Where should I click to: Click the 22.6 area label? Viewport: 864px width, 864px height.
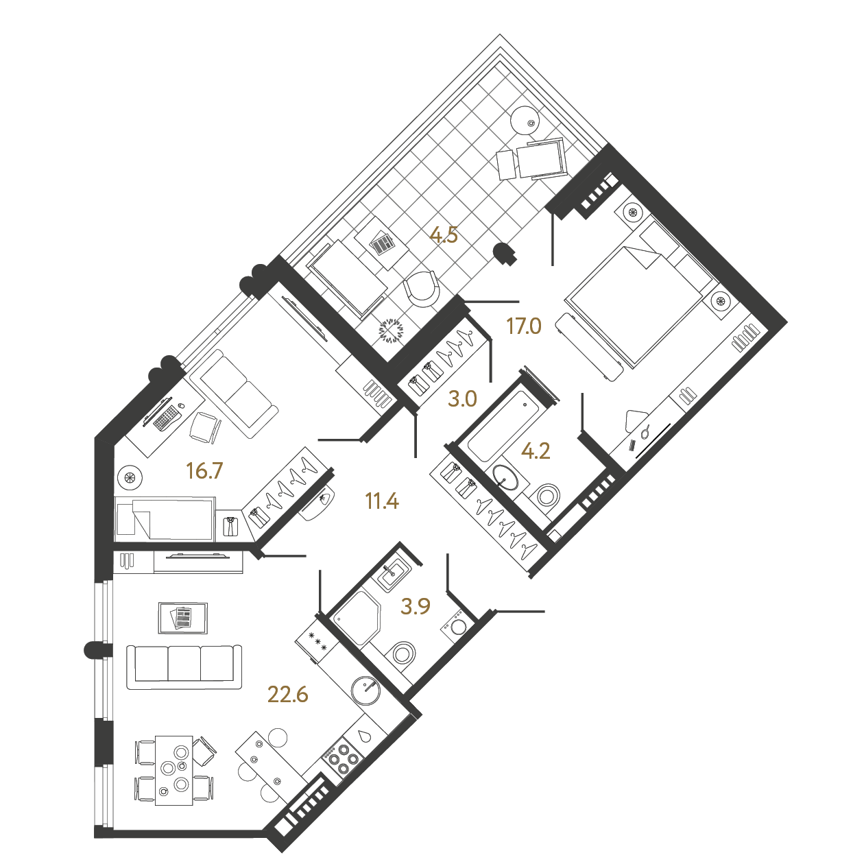point(287,695)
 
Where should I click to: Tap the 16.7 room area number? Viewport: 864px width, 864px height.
point(204,471)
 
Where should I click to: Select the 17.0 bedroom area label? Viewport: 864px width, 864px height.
point(524,326)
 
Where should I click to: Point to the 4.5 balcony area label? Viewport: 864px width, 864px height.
point(444,235)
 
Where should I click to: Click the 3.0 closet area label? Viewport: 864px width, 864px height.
point(462,399)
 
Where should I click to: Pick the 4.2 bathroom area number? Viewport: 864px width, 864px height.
point(536,451)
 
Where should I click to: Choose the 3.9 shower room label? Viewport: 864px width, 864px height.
point(416,607)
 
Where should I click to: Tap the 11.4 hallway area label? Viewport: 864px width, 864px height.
point(383,502)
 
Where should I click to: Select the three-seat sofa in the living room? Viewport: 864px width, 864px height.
point(184,667)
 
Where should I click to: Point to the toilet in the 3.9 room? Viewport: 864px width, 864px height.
point(401,656)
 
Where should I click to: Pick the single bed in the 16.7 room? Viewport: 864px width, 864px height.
point(165,519)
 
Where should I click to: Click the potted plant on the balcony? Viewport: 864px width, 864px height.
point(391,331)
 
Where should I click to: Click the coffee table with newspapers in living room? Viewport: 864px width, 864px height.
point(183,618)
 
